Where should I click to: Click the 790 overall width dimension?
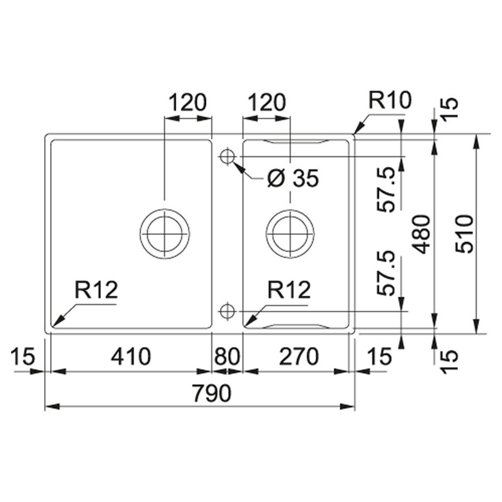tap(211, 393)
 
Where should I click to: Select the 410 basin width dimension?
tap(131, 356)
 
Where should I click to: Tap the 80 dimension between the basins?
tap(228, 356)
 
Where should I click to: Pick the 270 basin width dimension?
tap(299, 356)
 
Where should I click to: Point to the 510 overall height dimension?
tap(464, 234)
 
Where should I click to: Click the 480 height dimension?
tap(421, 234)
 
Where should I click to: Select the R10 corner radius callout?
tap(390, 100)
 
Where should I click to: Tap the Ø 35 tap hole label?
tap(293, 178)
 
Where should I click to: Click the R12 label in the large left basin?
tap(96, 289)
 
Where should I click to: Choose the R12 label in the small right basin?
tap(289, 289)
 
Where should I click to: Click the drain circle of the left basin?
tap(165, 233)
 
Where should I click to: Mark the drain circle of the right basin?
tap(290, 233)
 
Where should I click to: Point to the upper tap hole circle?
tap(228, 157)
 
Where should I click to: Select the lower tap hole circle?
tap(228, 311)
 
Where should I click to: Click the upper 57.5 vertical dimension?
tap(387, 189)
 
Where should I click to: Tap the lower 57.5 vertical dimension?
tap(387, 273)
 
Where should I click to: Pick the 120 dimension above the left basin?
tap(187, 102)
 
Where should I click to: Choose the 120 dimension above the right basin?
tap(267, 102)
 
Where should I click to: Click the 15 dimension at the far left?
tap(22, 356)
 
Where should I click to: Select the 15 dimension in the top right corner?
tap(450, 108)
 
